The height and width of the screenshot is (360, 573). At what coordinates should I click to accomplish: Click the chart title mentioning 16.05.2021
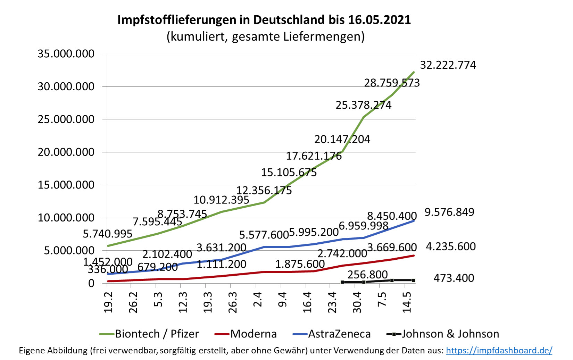pyautogui.click(x=264, y=20)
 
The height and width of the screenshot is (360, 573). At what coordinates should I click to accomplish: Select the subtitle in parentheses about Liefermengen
pyautogui.click(x=266, y=36)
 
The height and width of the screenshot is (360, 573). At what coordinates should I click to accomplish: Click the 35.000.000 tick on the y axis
pyautogui.click(x=66, y=54)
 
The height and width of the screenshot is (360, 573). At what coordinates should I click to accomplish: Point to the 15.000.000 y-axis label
pyautogui.click(x=66, y=185)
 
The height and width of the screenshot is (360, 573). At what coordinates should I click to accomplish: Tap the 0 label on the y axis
pyautogui.click(x=91, y=283)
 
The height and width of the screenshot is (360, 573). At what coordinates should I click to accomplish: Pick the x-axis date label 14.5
pyautogui.click(x=407, y=302)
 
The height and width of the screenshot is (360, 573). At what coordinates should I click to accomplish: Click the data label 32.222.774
pyautogui.click(x=448, y=65)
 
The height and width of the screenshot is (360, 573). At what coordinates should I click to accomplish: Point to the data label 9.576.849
pyautogui.click(x=449, y=212)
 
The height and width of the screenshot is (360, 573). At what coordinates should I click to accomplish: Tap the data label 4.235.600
pyautogui.click(x=450, y=247)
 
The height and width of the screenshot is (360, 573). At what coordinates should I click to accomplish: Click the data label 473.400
pyautogui.click(x=454, y=278)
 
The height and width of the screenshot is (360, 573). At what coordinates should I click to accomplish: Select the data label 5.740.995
pyautogui.click(x=107, y=234)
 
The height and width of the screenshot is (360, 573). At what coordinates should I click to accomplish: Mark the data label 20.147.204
pyautogui.click(x=342, y=140)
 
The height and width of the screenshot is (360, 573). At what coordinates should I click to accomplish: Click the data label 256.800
pyautogui.click(x=367, y=275)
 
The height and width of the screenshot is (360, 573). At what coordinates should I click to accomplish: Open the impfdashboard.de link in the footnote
pyautogui.click(x=499, y=351)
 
